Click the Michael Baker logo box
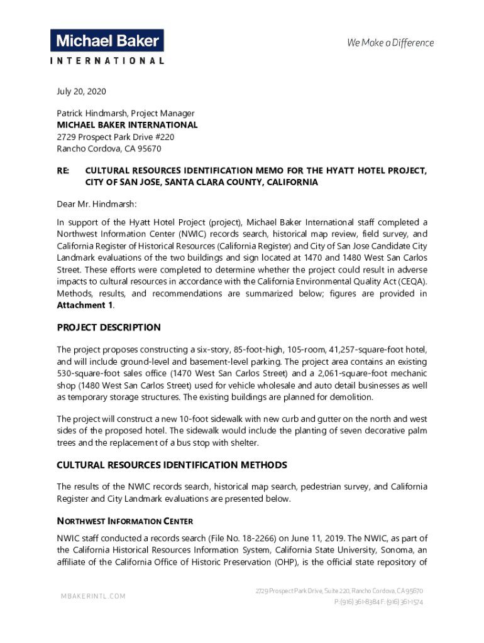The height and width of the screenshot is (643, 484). tap(107, 41)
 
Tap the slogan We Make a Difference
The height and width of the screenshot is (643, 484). tap(390, 43)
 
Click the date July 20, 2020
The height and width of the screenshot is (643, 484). tap(82, 92)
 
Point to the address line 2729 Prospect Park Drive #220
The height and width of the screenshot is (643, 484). tap(116, 137)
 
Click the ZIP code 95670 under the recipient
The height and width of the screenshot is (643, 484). tap(148, 149)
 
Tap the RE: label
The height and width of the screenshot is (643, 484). tap(63, 170)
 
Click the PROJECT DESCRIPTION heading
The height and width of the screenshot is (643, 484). tap(109, 328)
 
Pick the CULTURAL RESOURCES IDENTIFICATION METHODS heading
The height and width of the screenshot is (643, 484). tap(172, 465)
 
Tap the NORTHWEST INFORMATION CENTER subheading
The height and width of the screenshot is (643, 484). tap(124, 521)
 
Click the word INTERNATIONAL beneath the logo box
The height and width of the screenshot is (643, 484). tap(107, 61)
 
